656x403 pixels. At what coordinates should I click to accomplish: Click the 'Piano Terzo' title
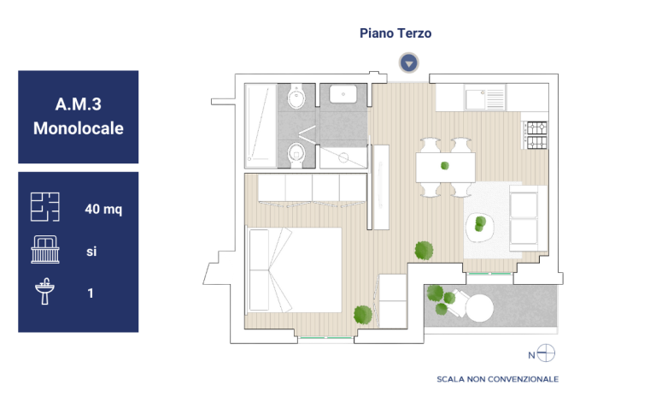tap(395, 33)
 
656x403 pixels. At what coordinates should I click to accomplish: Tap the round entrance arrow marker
tap(409, 63)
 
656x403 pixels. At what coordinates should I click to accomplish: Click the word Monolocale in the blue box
tap(79, 128)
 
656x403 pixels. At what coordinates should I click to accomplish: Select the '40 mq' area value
tap(103, 209)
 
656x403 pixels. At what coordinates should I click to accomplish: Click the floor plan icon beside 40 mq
tap(44, 207)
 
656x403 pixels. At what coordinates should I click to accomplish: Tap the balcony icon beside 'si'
tap(45, 250)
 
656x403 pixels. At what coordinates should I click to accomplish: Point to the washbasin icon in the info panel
tap(44, 291)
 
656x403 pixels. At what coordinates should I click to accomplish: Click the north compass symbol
tap(546, 353)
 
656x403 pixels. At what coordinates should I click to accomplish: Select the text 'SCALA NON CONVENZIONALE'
tap(497, 379)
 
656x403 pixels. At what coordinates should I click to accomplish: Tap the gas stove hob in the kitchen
tap(536, 135)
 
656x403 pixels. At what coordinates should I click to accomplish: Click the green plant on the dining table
tap(445, 166)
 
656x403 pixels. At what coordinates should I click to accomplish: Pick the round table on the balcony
tap(479, 308)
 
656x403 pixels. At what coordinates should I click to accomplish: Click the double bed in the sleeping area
tap(295, 270)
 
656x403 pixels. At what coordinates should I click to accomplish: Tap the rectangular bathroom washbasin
tap(343, 94)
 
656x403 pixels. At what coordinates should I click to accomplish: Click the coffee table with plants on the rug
tap(480, 228)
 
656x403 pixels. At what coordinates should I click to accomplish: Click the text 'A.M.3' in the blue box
tap(79, 104)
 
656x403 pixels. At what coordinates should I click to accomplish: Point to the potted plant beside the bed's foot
tap(363, 315)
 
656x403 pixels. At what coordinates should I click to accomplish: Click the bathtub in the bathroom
tap(261, 125)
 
